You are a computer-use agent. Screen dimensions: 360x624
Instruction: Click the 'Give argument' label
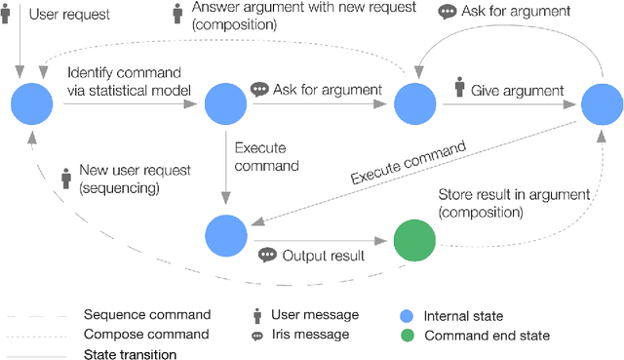pos(517,91)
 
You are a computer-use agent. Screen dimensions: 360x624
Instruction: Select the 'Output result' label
pos(324,256)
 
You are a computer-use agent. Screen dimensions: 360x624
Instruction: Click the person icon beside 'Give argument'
pos(459,90)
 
